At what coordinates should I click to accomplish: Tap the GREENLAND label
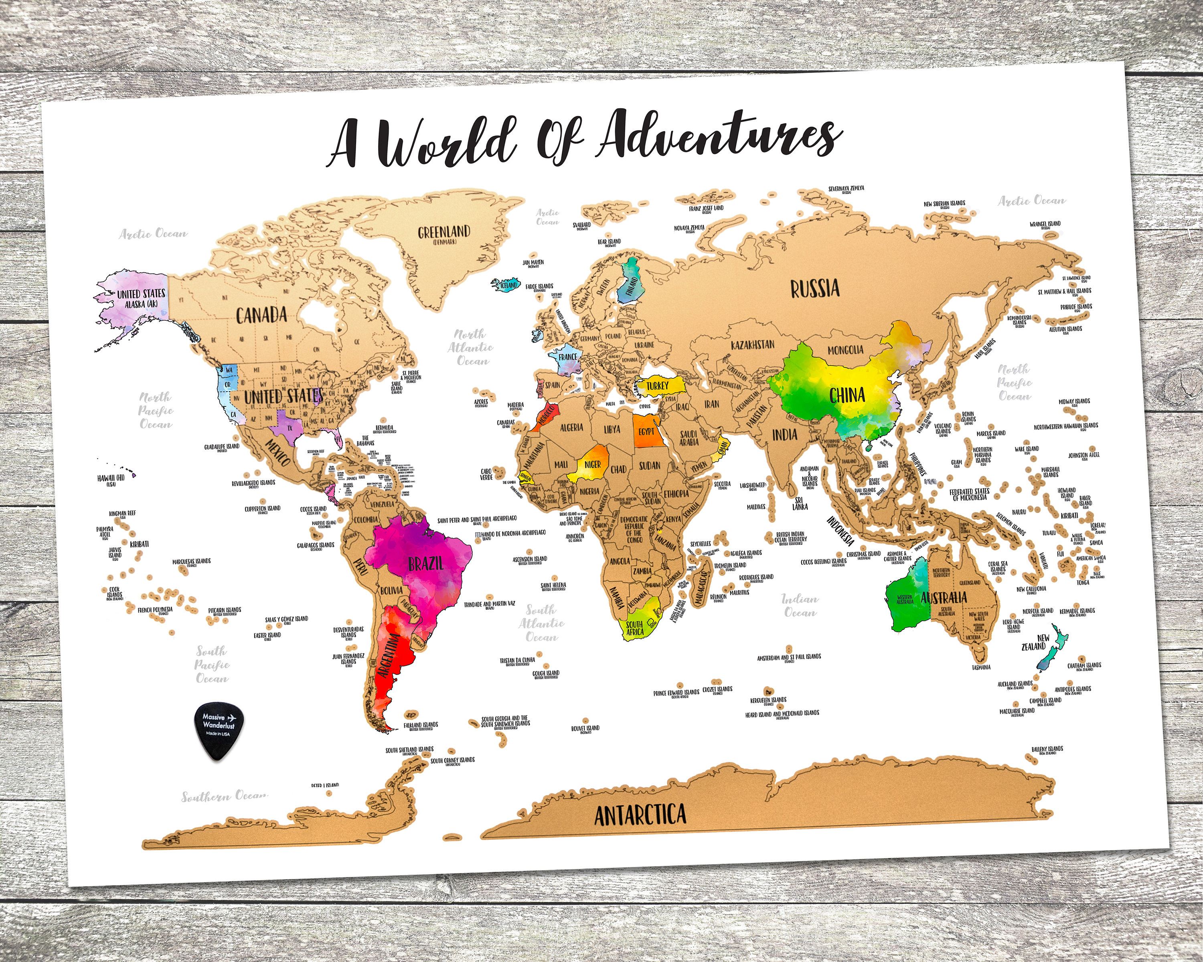tap(444, 231)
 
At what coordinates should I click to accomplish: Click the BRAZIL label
tap(426, 563)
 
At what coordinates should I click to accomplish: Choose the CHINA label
tap(847, 395)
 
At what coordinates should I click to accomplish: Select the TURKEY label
tap(657, 386)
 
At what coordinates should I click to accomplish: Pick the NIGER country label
tap(593, 465)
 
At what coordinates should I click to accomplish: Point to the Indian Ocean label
tap(800, 606)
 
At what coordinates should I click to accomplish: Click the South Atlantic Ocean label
tap(541, 623)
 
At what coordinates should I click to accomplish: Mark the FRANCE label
tap(567, 357)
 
